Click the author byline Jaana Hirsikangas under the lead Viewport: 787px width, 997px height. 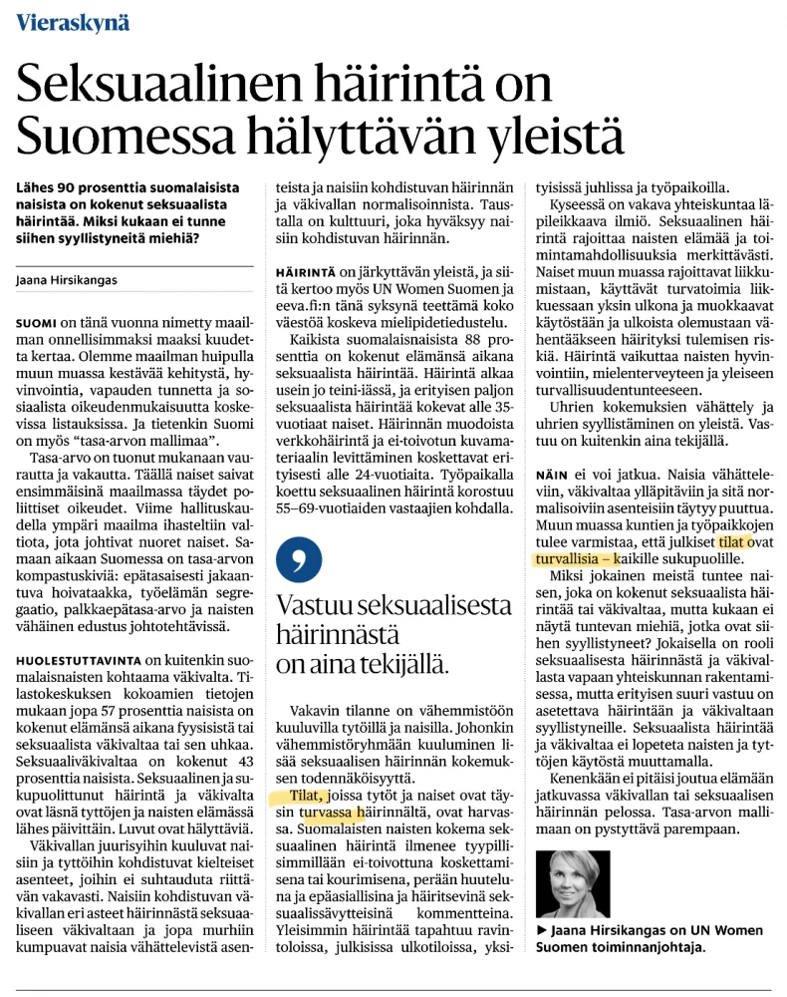point(67,280)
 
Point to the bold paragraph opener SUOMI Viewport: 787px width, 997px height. point(36,324)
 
